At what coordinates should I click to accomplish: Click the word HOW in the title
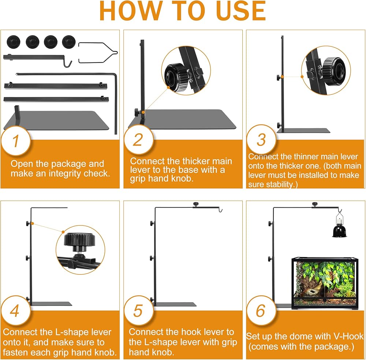pyautogui.click(x=131, y=11)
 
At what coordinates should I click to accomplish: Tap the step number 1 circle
pyautogui.click(x=16, y=141)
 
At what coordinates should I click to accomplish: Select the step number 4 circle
pyautogui.click(x=15, y=311)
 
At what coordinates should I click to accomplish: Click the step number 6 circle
pyautogui.click(x=261, y=311)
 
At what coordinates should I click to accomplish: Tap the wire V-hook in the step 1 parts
pyautogui.click(x=98, y=53)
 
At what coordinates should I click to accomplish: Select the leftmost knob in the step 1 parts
pyautogui.click(x=13, y=42)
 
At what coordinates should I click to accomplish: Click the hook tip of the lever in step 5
pyautogui.click(x=221, y=211)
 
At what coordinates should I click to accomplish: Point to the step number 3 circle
pyautogui.click(x=261, y=140)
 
